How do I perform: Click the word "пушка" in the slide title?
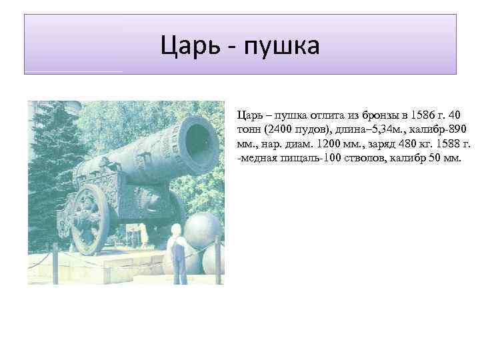(x=282, y=45)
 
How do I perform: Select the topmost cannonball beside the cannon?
(x=204, y=230)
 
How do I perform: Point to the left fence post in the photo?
(x=55, y=263)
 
